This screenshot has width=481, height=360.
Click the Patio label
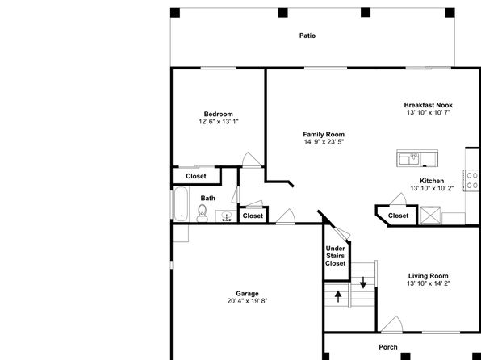point(307,36)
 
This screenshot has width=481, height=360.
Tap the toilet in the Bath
point(202,213)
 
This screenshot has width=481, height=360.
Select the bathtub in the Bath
point(181,203)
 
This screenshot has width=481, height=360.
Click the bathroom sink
point(227,216)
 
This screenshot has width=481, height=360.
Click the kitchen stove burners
point(472,181)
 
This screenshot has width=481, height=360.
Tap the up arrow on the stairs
point(338,296)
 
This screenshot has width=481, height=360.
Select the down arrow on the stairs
point(363,283)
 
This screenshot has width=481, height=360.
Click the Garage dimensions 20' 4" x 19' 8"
point(247,301)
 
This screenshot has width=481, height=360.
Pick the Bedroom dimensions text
point(219,122)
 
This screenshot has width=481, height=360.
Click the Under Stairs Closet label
point(335,256)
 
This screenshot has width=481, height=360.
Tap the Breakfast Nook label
point(429,105)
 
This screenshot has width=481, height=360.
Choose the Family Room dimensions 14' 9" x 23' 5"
point(324,142)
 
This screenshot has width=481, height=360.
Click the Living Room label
point(429,276)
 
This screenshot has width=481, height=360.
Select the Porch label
point(388,347)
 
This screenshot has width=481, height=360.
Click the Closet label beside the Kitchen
point(398,216)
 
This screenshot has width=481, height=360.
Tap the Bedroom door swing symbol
point(252,160)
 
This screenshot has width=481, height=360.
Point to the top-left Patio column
point(175,13)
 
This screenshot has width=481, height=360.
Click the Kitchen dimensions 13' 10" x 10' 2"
point(432,188)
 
